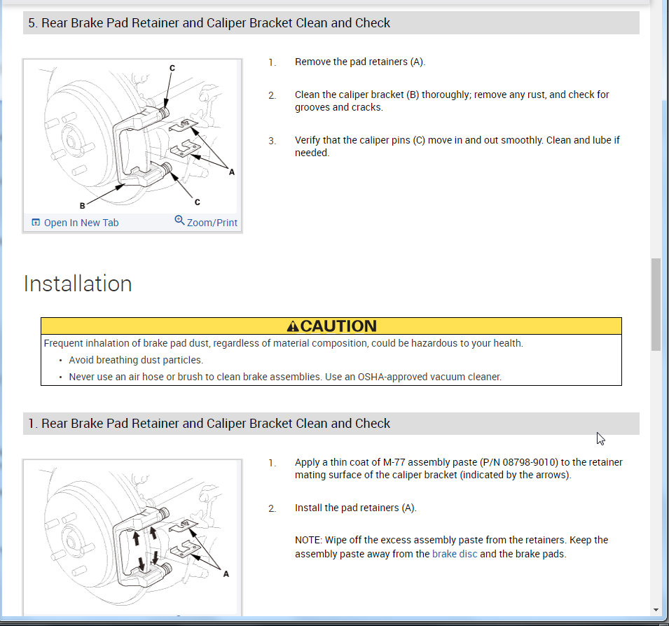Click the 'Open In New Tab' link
tap(81, 223)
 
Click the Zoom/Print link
tap(212, 223)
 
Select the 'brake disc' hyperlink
tap(455, 554)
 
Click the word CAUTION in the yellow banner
tap(338, 326)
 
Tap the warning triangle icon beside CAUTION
tap(293, 326)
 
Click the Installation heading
tap(78, 284)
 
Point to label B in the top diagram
tap(83, 206)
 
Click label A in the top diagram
tap(232, 172)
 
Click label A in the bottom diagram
tap(226, 573)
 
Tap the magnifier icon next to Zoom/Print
tap(179, 221)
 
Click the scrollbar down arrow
tap(656, 609)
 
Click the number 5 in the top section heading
tap(32, 23)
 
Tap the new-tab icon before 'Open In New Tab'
tap(36, 223)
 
